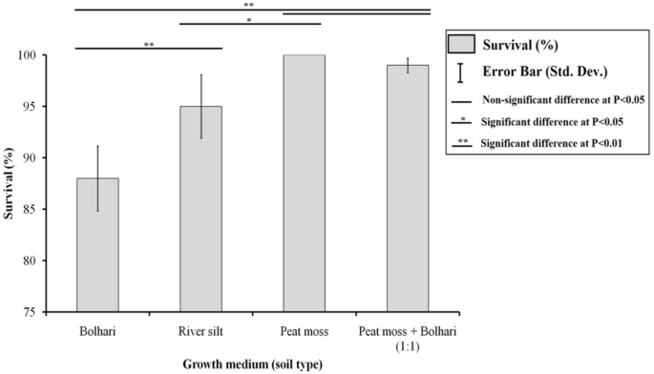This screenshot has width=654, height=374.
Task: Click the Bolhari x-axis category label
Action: tap(98, 330)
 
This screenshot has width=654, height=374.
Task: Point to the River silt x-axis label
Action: tap(201, 330)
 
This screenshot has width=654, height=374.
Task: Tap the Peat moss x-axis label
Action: tap(304, 330)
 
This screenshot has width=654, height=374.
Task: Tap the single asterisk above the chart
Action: tap(249, 20)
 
